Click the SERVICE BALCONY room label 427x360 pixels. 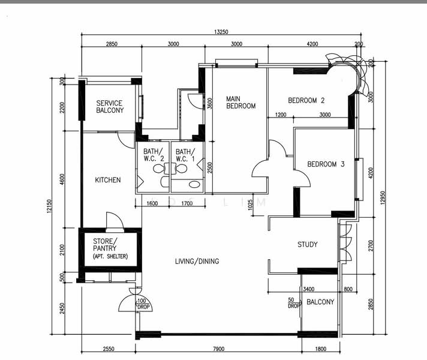(110, 107)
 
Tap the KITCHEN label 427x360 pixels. (108, 180)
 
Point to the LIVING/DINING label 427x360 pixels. (197, 261)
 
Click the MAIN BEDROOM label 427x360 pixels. (240, 102)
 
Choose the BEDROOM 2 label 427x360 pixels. (306, 100)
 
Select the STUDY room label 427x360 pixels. (308, 245)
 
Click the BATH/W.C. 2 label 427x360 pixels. (154, 155)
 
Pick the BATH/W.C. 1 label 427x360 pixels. (186, 155)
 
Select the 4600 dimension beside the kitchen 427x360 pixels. (62, 181)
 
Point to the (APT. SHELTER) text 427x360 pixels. (110, 256)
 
